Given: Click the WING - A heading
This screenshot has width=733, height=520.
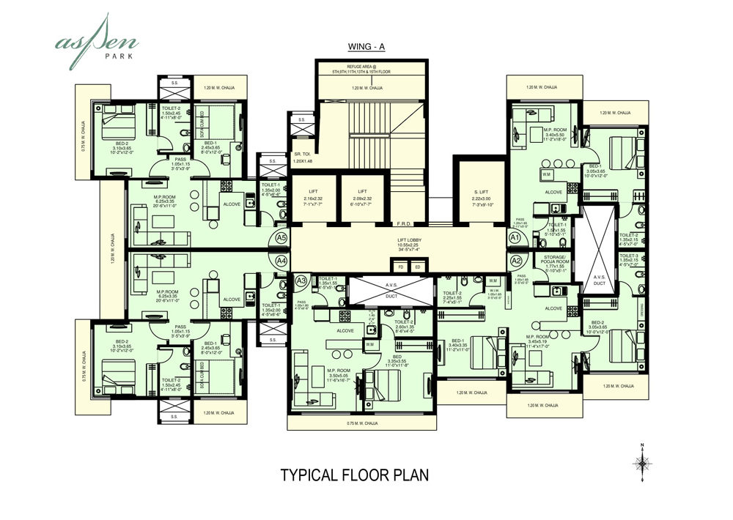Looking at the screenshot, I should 366,48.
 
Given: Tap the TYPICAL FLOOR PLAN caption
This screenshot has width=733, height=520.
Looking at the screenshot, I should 355,475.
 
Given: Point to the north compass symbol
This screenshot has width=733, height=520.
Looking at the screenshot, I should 642,461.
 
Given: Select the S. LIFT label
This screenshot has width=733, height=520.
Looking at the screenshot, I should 482,191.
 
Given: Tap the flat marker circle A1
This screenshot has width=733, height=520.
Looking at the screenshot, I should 515,238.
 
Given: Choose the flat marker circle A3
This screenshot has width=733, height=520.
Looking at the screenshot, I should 301,281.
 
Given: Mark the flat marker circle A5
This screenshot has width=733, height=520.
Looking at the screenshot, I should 281,238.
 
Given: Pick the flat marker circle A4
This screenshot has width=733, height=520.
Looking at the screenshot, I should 281,259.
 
